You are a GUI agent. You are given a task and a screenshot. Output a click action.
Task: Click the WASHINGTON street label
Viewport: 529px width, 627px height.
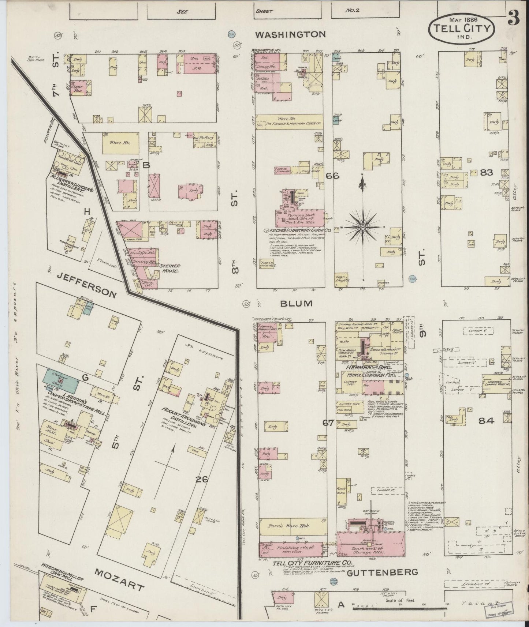pyautogui.click(x=290, y=34)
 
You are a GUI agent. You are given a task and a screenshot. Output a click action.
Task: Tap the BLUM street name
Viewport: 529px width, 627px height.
pyautogui.click(x=297, y=303)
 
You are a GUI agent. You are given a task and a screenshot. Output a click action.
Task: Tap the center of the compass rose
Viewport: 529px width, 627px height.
pyautogui.click(x=363, y=227)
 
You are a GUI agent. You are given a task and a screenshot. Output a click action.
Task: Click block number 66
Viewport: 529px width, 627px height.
pyautogui.click(x=332, y=176)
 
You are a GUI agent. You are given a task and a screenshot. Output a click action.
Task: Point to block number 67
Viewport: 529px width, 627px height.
pyautogui.click(x=328, y=423)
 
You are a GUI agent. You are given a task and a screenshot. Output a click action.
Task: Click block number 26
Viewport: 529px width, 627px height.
pyautogui.click(x=202, y=478)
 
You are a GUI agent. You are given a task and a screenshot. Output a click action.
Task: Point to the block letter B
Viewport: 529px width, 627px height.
pyautogui.click(x=146, y=165)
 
